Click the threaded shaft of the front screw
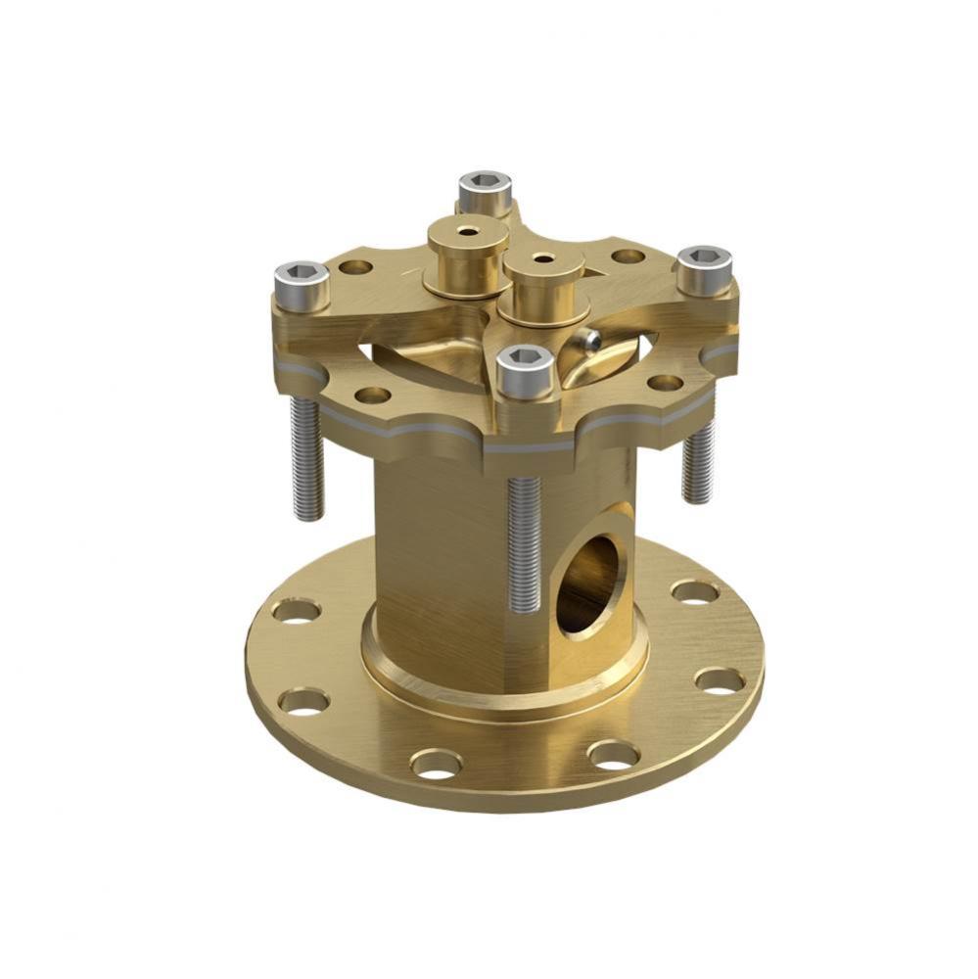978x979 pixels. pos(525,543)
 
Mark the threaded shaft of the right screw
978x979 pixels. pos(698,460)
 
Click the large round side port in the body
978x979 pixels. pos(591,583)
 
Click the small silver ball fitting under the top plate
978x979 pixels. pos(588,340)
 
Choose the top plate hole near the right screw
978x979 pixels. pos(628,256)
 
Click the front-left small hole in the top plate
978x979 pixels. pos(372,396)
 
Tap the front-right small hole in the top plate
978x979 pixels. pos(665,383)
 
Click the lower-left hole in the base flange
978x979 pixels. pos(303,701)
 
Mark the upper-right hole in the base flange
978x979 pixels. pos(695,592)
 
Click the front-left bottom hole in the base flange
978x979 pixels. pos(437,763)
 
